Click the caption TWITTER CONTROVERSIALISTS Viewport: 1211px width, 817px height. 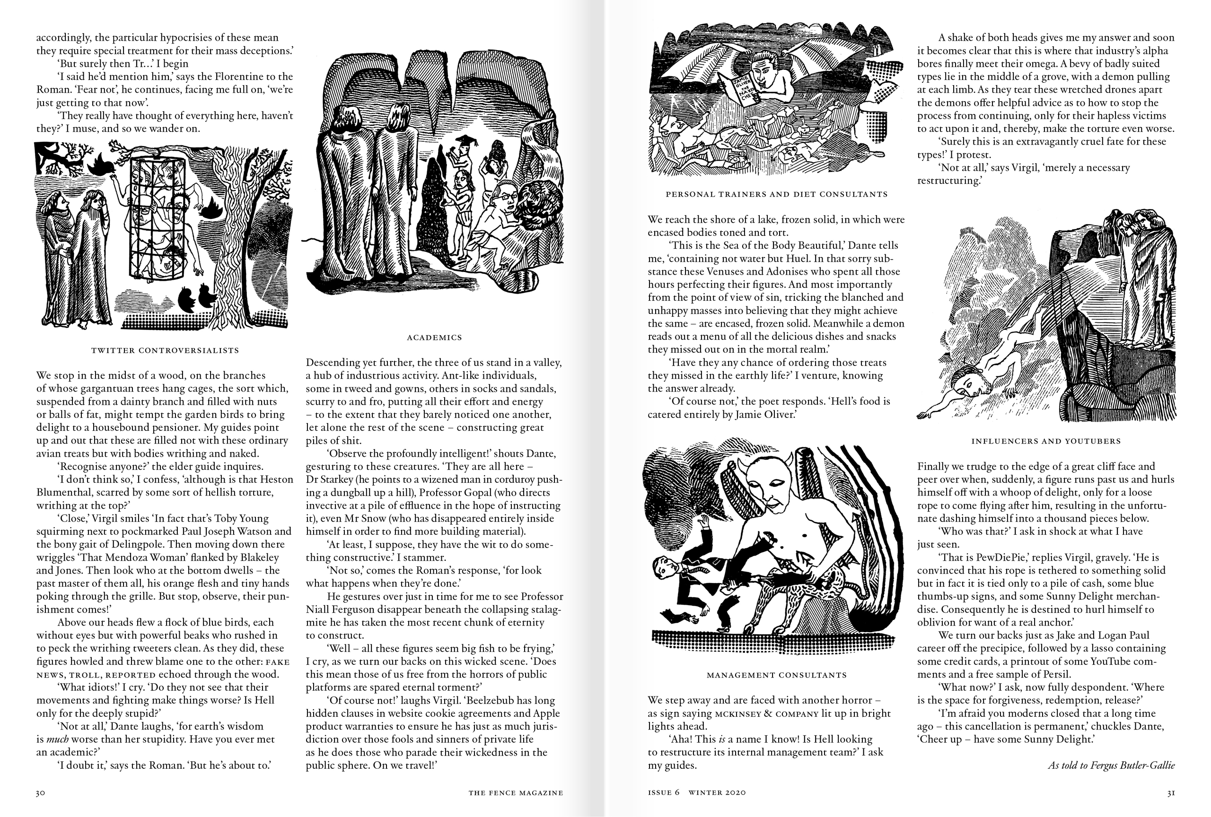pos(165,350)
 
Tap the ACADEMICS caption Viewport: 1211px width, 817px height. pos(434,338)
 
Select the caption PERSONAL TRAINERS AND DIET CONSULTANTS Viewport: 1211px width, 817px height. pos(776,194)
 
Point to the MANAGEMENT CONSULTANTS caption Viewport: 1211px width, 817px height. pos(776,675)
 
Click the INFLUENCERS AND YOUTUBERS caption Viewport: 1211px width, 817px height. pos(1046,441)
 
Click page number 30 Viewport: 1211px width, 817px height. pos(41,793)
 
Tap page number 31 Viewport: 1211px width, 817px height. pos(1170,793)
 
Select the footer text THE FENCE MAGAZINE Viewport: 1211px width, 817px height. pos(515,793)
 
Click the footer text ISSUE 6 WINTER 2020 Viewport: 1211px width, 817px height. pos(697,793)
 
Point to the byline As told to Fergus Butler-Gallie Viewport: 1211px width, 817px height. pos(1111,765)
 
